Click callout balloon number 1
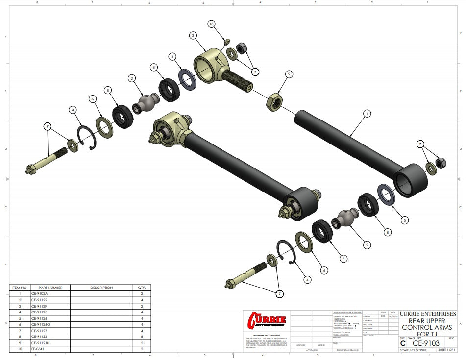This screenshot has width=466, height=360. click(366, 113)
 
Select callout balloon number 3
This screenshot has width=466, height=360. click(194, 35)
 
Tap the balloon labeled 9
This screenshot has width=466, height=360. click(289, 73)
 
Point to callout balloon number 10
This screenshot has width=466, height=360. click(211, 24)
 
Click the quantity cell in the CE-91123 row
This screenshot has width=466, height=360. click(142, 336)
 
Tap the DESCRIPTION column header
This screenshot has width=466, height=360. click(101, 288)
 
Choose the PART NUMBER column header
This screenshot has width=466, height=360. click(50, 288)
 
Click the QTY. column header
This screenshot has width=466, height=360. click(142, 288)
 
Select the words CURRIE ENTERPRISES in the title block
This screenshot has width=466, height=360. click(427, 314)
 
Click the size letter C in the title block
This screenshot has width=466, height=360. click(403, 343)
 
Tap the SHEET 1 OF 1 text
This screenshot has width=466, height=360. click(446, 350)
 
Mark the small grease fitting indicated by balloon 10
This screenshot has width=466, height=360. click(227, 42)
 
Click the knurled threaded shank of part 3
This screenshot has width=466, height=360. click(235, 79)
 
